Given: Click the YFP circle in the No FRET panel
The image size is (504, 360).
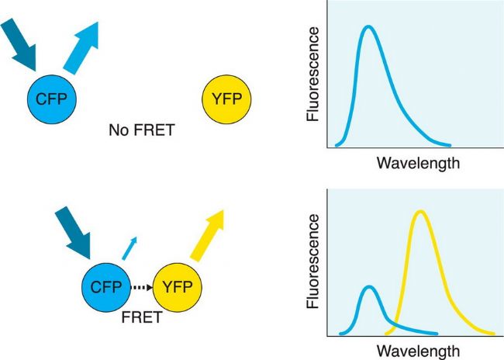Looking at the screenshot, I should [x=226, y=99].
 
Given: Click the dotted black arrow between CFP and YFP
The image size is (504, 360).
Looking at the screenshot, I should [x=141, y=287].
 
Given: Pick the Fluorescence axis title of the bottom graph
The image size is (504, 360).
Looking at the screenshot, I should [x=313, y=261].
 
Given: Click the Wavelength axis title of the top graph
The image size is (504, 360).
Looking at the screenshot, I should [x=418, y=164].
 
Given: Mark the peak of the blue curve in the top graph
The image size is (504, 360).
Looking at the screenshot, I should [x=368, y=27].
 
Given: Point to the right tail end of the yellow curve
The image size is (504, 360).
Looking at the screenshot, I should [x=492, y=333].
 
